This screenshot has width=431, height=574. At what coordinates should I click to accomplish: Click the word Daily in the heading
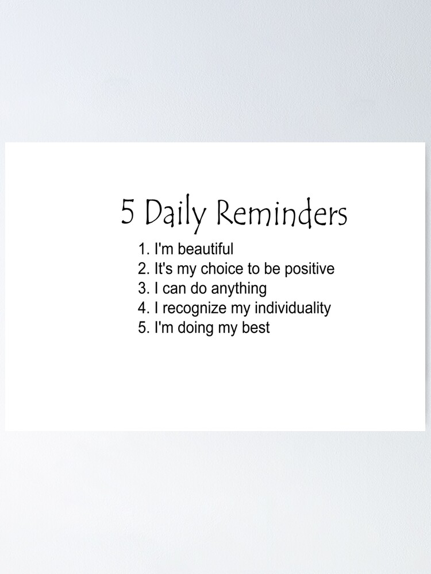tap(175, 214)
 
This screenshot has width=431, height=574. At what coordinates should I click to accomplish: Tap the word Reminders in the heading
tap(282, 214)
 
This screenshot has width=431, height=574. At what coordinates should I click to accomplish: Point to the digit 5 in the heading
tap(128, 212)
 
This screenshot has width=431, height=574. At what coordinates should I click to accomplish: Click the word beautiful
tap(203, 249)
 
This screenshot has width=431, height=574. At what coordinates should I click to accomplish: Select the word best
tap(255, 328)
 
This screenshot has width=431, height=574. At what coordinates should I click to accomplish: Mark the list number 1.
tap(143, 249)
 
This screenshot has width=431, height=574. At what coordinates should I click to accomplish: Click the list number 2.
tap(143, 269)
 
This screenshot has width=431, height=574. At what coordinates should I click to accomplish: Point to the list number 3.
tap(143, 288)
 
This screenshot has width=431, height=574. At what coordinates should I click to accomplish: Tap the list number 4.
tap(143, 308)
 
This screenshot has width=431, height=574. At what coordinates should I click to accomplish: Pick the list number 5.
tap(143, 328)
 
